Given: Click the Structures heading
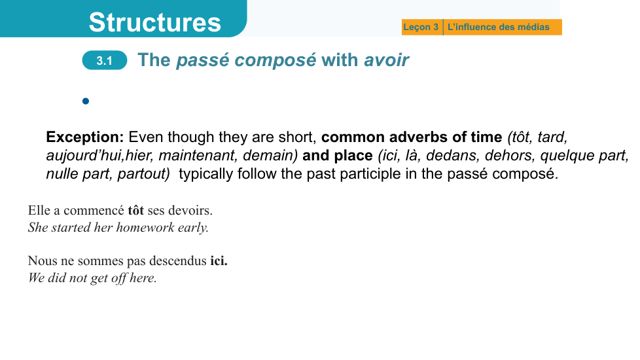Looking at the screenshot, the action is click(x=154, y=22).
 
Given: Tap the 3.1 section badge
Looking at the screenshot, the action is click(x=105, y=60).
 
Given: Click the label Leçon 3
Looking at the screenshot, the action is click(x=420, y=27).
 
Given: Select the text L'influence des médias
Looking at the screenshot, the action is click(x=499, y=27).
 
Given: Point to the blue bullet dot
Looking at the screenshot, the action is click(x=86, y=101).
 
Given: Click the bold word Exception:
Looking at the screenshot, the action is click(x=85, y=137).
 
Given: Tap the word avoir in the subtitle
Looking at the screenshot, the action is click(x=386, y=60).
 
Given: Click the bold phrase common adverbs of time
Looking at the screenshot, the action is click(x=412, y=137).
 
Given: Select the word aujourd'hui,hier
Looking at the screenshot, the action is click(x=99, y=156).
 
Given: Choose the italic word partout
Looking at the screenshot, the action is click(x=143, y=174).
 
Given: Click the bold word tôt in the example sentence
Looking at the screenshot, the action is click(x=136, y=210).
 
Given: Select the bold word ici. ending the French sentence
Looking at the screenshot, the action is click(x=219, y=261).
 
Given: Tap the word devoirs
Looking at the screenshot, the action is click(x=190, y=210).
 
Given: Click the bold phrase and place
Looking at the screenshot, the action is click(x=337, y=156).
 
